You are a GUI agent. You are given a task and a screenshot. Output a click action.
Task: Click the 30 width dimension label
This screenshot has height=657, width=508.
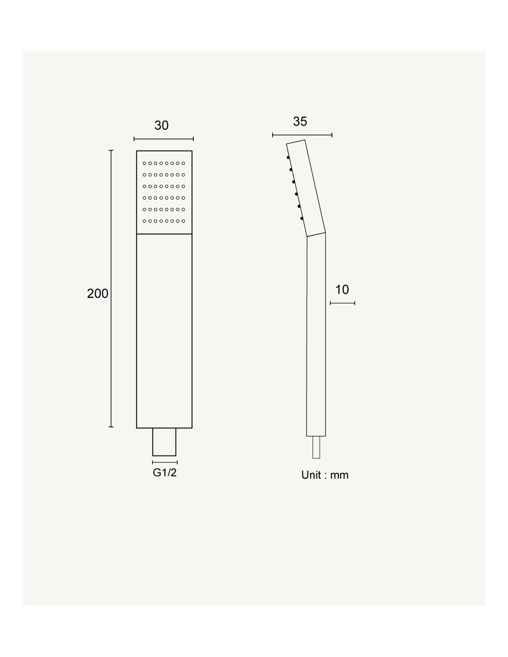pos(161,126)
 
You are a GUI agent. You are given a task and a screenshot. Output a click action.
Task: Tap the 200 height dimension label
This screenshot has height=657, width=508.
pos(97,293)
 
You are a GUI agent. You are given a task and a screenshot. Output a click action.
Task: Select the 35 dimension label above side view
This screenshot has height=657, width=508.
pos(300,122)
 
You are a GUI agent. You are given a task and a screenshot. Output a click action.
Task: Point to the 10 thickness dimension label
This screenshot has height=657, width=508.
pos(342,290)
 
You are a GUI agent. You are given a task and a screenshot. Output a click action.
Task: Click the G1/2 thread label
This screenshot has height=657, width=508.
pos(164,472)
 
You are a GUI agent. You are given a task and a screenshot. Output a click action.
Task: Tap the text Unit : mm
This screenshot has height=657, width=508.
pos(325,475)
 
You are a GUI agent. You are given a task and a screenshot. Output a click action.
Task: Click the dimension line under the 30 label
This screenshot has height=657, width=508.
pos(163,139)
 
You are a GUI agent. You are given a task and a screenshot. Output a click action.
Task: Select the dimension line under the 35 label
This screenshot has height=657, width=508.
pos(302,135)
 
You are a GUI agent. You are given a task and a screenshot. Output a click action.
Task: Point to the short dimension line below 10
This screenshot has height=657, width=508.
pos(342,303)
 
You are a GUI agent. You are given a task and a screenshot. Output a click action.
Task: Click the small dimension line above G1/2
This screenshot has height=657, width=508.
pos(165,462)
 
